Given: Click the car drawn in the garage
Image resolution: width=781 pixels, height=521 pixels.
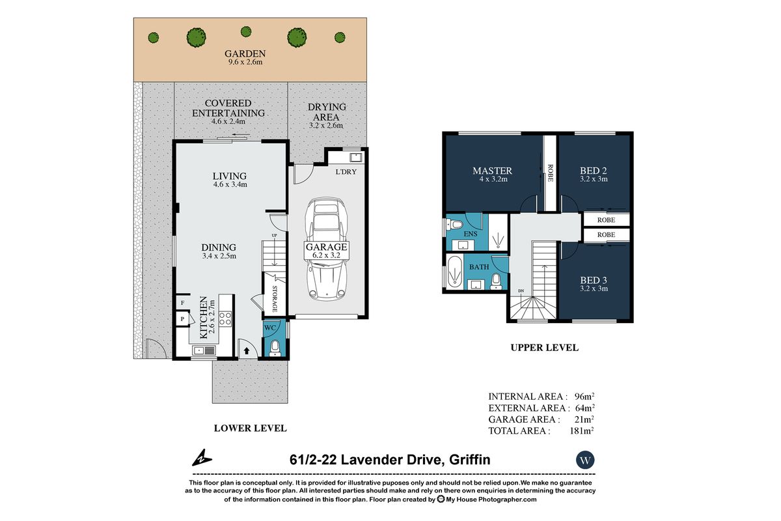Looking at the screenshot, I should [x=327, y=247].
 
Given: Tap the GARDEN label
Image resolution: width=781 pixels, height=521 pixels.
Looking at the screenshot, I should [x=245, y=54].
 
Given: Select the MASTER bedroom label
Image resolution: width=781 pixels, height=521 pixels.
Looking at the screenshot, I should [x=492, y=171].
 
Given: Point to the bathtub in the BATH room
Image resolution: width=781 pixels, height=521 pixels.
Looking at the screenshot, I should [x=453, y=272].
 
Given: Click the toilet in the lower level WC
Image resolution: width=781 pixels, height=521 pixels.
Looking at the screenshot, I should [x=275, y=347].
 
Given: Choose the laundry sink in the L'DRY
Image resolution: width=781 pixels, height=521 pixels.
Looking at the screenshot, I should [x=355, y=157].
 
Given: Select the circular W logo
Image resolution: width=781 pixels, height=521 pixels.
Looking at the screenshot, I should [x=586, y=460].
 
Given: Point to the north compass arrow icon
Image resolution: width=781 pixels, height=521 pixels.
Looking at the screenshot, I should [x=201, y=458].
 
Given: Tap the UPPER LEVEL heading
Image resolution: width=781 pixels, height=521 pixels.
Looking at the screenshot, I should [x=544, y=348].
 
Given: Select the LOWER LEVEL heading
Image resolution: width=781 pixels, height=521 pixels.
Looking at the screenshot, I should [x=251, y=428].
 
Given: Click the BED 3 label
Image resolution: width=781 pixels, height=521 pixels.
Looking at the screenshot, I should [x=594, y=280].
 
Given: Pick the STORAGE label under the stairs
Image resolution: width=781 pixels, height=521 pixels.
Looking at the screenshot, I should [x=275, y=297].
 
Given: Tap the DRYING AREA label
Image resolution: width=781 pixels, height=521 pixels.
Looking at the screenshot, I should [x=327, y=107].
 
